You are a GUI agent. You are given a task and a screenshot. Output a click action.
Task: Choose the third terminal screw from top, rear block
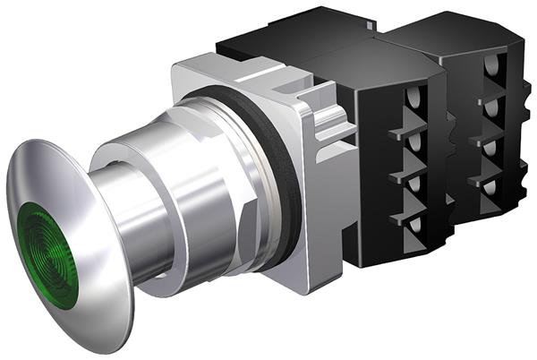(x=491, y=148)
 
